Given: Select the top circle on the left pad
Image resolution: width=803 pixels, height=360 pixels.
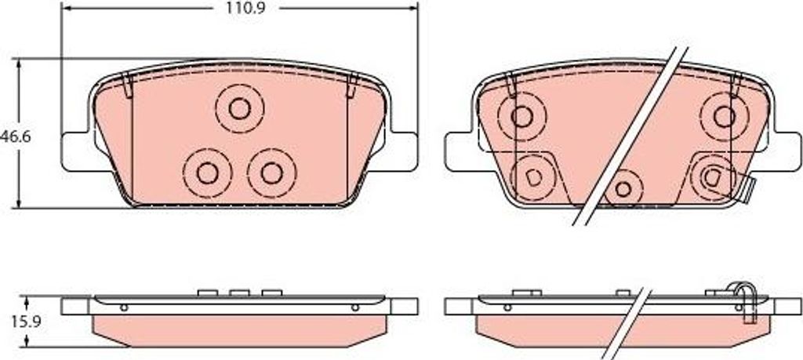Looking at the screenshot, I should click(239, 107).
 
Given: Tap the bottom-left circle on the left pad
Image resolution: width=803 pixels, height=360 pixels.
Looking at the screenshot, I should click(207, 173).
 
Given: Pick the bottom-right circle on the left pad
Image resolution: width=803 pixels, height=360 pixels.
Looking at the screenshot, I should click(271, 173).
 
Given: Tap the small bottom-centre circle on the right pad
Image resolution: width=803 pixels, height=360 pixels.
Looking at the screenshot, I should click(623, 188).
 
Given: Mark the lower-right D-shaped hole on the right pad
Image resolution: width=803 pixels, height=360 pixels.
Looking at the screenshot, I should click(712, 176).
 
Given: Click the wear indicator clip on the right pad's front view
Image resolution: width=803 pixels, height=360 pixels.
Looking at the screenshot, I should click(746, 189).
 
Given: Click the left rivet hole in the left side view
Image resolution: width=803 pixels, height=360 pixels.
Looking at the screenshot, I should click(124, 307).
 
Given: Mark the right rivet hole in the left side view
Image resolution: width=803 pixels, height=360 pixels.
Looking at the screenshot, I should click(354, 307).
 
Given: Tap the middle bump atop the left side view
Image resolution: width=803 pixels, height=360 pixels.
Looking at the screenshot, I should click(238, 293).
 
